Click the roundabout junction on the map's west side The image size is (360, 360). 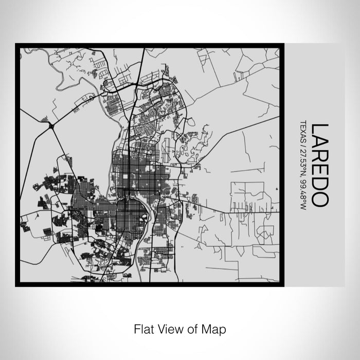tap(51, 125)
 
